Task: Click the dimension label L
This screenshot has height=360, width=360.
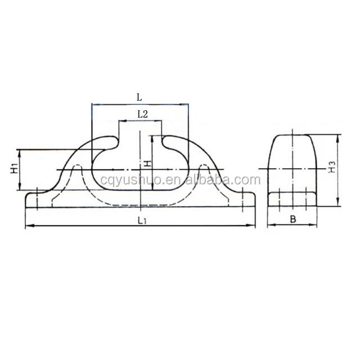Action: [139, 96]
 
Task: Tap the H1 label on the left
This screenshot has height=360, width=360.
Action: [14, 169]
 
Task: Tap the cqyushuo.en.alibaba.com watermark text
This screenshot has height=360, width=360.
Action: [180, 180]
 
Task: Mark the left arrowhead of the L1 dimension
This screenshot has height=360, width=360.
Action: [28, 226]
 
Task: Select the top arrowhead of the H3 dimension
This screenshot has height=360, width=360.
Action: [337, 136]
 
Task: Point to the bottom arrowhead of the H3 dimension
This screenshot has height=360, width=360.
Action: [337, 205]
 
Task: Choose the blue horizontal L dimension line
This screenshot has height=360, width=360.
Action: [139, 104]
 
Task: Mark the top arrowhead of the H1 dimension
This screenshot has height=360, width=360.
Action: [20, 151]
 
